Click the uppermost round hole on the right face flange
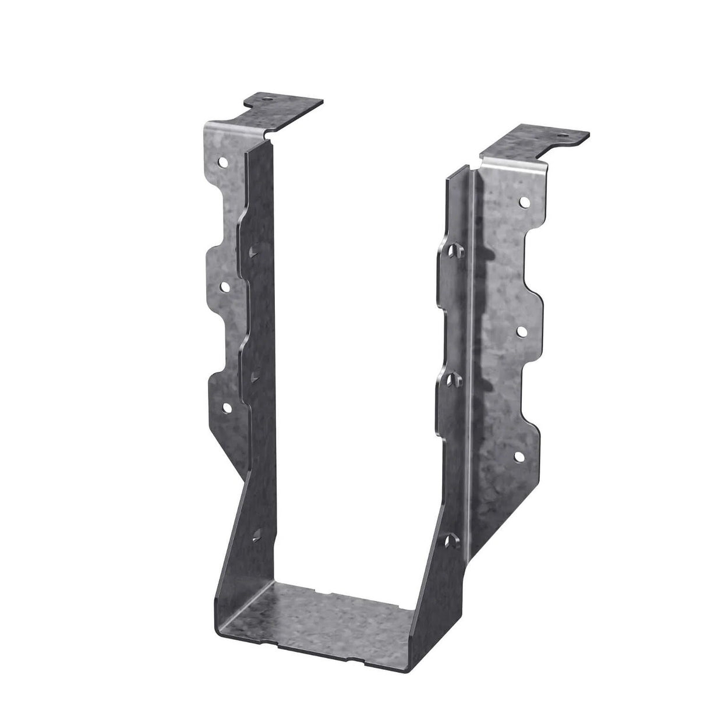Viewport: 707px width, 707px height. pyautogui.click(x=524, y=203)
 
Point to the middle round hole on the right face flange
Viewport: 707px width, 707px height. pyautogui.click(x=521, y=330)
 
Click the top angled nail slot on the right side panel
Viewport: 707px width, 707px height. pyautogui.click(x=454, y=250)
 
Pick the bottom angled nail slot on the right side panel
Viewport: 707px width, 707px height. pyautogui.click(x=451, y=508)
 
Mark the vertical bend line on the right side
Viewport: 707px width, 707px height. pyautogui.click(x=473, y=349)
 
